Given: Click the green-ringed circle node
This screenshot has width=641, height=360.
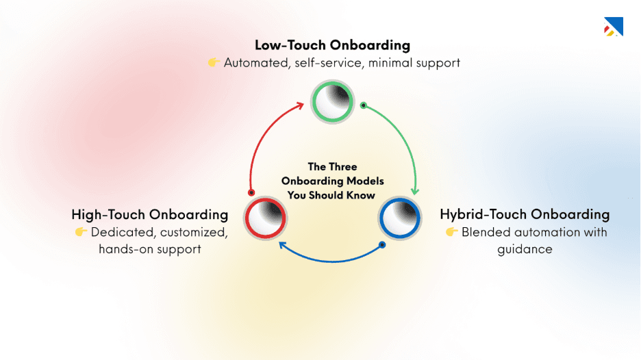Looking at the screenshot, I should click(332, 101).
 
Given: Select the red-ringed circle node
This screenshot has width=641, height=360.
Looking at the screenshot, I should click(266, 217).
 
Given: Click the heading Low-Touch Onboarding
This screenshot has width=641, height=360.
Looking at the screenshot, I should click(332, 45).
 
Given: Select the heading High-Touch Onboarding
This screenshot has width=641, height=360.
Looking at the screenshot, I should click(149, 214).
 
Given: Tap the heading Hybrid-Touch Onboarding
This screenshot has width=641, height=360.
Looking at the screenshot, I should click(525, 214).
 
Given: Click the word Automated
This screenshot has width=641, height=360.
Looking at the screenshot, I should click(254, 63).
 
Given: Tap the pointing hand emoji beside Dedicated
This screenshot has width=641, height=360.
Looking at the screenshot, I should click(81, 232).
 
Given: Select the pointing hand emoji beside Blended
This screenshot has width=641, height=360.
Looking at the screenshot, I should click(451, 232).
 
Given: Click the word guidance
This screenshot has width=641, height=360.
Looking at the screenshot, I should click(525, 249).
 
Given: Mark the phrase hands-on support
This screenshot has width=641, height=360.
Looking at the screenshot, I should click(149, 249).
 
